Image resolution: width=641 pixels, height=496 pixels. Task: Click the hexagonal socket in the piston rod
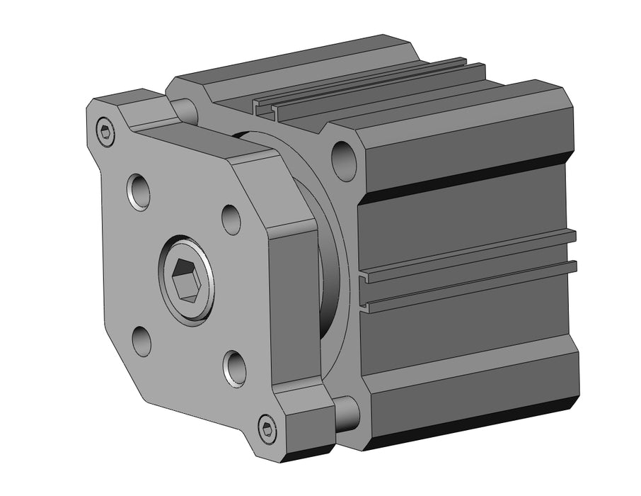tap(187, 279)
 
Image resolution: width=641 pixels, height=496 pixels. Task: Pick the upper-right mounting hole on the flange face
tap(231, 219)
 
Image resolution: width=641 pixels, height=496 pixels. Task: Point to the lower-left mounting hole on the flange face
tap(142, 340)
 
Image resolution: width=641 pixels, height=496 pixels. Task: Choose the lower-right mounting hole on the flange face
tap(234, 367)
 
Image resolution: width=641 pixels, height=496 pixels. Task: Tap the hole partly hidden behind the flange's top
tap(185, 109)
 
